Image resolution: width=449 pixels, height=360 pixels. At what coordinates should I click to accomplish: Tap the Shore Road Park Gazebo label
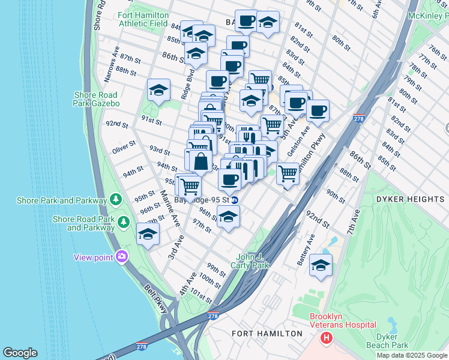97,99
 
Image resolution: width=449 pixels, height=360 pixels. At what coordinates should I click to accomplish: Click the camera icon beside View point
122,257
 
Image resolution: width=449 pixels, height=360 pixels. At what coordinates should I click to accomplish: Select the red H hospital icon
326,338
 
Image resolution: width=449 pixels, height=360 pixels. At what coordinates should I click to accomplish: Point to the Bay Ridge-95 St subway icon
235,200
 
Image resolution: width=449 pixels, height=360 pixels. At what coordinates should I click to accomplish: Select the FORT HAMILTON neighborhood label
267,333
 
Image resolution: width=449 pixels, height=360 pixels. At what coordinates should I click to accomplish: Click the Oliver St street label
124,148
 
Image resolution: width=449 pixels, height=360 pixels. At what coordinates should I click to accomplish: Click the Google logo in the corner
20,353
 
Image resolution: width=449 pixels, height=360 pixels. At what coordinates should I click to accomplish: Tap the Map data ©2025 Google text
411,355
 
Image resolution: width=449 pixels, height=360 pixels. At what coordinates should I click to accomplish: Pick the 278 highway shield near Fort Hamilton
212,316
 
